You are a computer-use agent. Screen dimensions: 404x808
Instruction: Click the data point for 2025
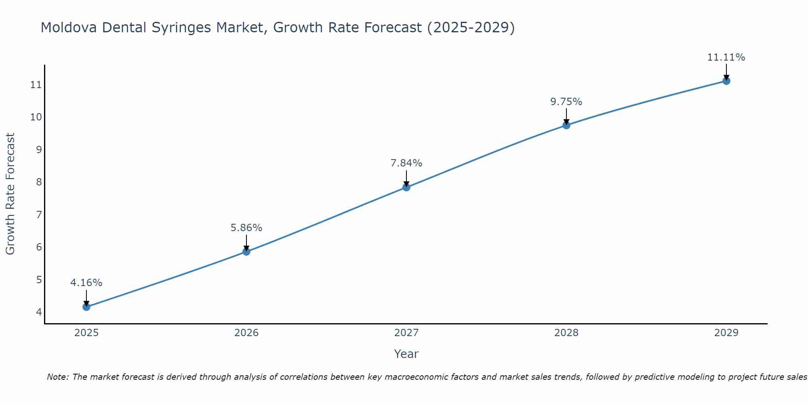pos(86,307)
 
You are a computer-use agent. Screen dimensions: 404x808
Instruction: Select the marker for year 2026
pos(246,252)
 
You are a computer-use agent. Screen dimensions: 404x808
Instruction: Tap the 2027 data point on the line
pos(406,187)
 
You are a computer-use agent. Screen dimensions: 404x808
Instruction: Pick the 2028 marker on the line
pos(566,125)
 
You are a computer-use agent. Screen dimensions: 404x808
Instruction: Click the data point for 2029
pos(726,81)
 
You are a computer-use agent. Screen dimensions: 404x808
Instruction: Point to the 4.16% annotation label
pos(86,283)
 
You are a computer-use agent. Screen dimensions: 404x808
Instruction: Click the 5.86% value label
pos(246,228)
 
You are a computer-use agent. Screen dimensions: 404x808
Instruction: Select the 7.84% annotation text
pos(406,163)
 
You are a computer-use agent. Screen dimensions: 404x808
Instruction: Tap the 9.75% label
pos(566,102)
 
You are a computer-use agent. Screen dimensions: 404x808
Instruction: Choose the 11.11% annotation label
pos(726,57)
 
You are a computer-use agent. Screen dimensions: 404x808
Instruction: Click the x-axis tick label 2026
pos(246,333)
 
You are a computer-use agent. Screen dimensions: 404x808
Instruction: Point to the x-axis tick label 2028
pos(566,333)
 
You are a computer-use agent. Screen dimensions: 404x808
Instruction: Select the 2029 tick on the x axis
pos(726,333)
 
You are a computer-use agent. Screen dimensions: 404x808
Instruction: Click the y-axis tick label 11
pos(36,85)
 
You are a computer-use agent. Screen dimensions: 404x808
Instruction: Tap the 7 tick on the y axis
pos(39,215)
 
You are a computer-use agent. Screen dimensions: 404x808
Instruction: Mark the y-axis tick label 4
pos(39,312)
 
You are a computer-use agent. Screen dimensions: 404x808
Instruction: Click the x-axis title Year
pos(406,354)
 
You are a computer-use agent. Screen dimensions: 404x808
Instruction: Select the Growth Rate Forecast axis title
pos(11,194)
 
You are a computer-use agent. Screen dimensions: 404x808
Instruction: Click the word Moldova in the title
pos(69,27)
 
